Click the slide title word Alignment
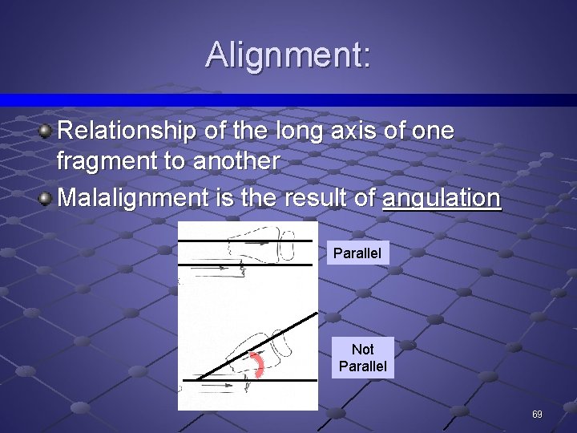click(288, 55)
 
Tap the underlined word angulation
click(442, 197)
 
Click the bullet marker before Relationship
click(47, 131)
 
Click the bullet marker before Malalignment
click(47, 197)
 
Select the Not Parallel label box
click(362, 358)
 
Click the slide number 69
click(537, 415)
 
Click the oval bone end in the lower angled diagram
click(282, 342)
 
